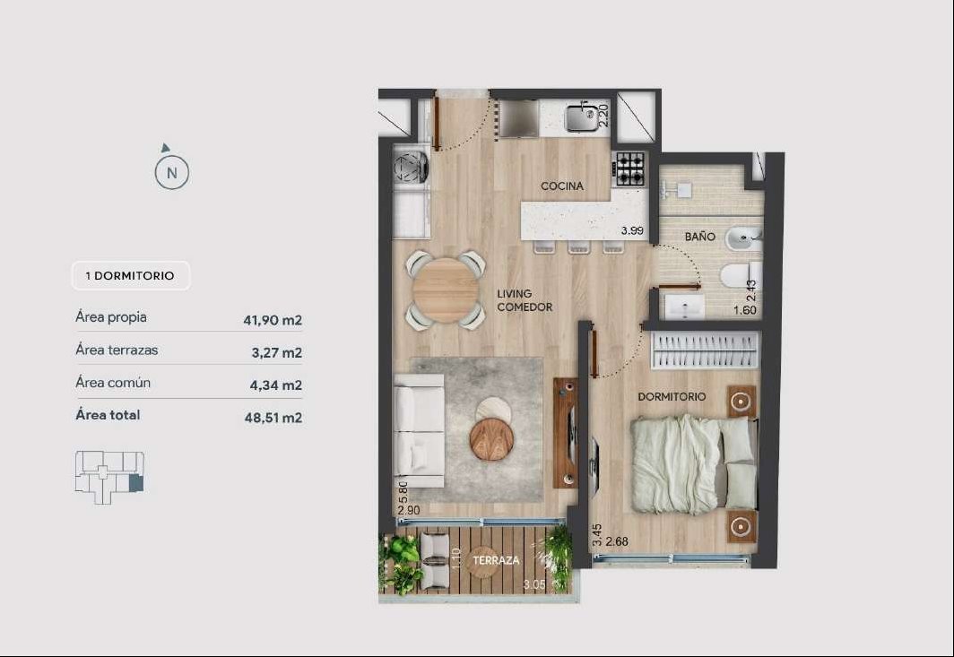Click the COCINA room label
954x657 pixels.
tap(562, 186)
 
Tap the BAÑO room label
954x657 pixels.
tap(699, 237)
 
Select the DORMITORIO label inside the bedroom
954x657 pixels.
tap(672, 397)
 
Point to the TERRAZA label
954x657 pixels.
tap(497, 560)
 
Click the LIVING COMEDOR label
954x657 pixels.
tap(525, 300)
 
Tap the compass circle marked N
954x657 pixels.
tap(172, 172)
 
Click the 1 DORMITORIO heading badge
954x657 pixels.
tap(131, 275)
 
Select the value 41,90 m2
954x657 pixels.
tap(273, 320)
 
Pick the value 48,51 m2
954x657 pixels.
tap(273, 418)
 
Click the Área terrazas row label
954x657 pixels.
tap(117, 350)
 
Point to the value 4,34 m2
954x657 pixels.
tap(276, 385)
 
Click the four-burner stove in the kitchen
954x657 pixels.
tap(629, 169)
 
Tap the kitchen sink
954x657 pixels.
tap(582, 117)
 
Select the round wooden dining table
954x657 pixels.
tap(446, 290)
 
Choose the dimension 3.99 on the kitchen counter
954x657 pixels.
tap(632, 230)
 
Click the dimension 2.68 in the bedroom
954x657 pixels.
tap(617, 541)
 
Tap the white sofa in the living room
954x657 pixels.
tap(420, 431)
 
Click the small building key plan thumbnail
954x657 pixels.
tap(109, 477)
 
